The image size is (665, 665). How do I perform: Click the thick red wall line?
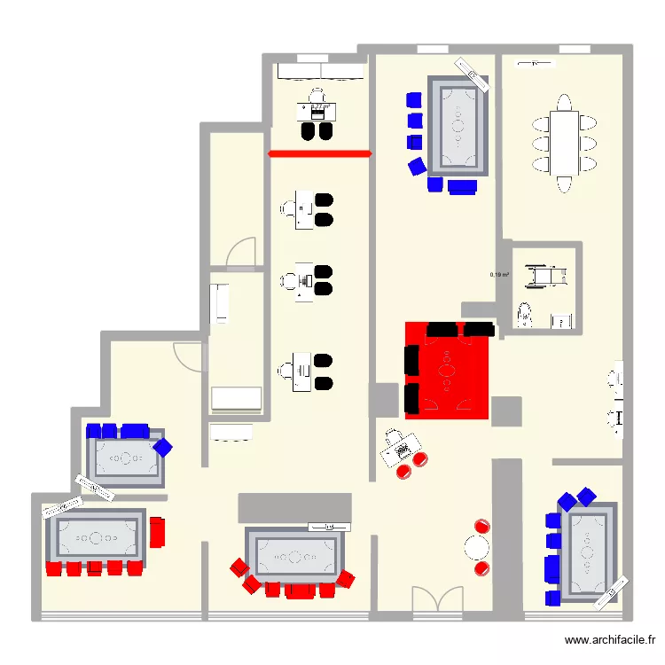319,154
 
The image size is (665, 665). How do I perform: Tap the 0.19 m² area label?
500,275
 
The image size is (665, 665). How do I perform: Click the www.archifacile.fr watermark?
611,639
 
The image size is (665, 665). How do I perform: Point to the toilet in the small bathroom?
524,314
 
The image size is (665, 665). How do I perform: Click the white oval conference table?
563,144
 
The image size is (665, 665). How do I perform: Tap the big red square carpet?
448,369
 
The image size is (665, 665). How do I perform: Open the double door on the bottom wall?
437,600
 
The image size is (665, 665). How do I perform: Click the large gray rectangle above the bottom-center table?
295,507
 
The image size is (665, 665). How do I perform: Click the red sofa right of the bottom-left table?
158,532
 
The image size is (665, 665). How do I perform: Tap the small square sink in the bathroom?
560,321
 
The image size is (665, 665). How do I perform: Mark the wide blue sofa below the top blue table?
461,186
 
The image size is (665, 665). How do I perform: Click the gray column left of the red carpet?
384,400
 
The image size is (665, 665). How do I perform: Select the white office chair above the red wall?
318,95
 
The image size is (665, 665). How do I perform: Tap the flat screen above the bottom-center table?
326,526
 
